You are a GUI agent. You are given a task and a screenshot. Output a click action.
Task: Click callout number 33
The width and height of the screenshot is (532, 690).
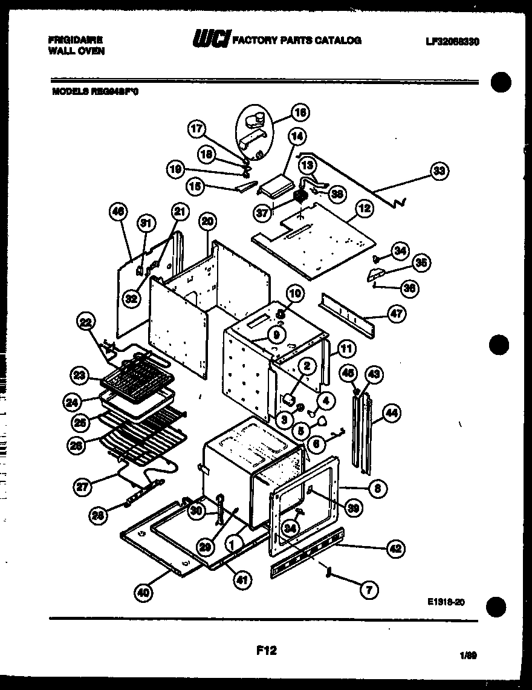coord(439,171)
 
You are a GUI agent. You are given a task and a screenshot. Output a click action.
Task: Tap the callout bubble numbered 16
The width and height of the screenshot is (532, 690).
coord(300,112)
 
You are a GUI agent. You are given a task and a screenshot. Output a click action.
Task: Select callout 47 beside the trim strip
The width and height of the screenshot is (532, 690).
coord(397,313)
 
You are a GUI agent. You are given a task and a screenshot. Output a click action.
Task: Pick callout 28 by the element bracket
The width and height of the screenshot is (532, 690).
coord(97,515)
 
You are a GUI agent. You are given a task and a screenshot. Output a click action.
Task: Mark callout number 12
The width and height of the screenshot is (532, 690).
coord(365,209)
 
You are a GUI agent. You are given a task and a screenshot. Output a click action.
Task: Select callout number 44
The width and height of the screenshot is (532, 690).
coord(391,414)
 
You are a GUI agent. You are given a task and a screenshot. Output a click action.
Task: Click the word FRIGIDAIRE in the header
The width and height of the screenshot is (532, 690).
coord(75,40)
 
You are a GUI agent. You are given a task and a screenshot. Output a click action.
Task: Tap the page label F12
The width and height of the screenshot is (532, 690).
coord(266,651)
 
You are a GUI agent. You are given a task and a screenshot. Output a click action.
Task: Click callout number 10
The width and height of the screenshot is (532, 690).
coord(294,294)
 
